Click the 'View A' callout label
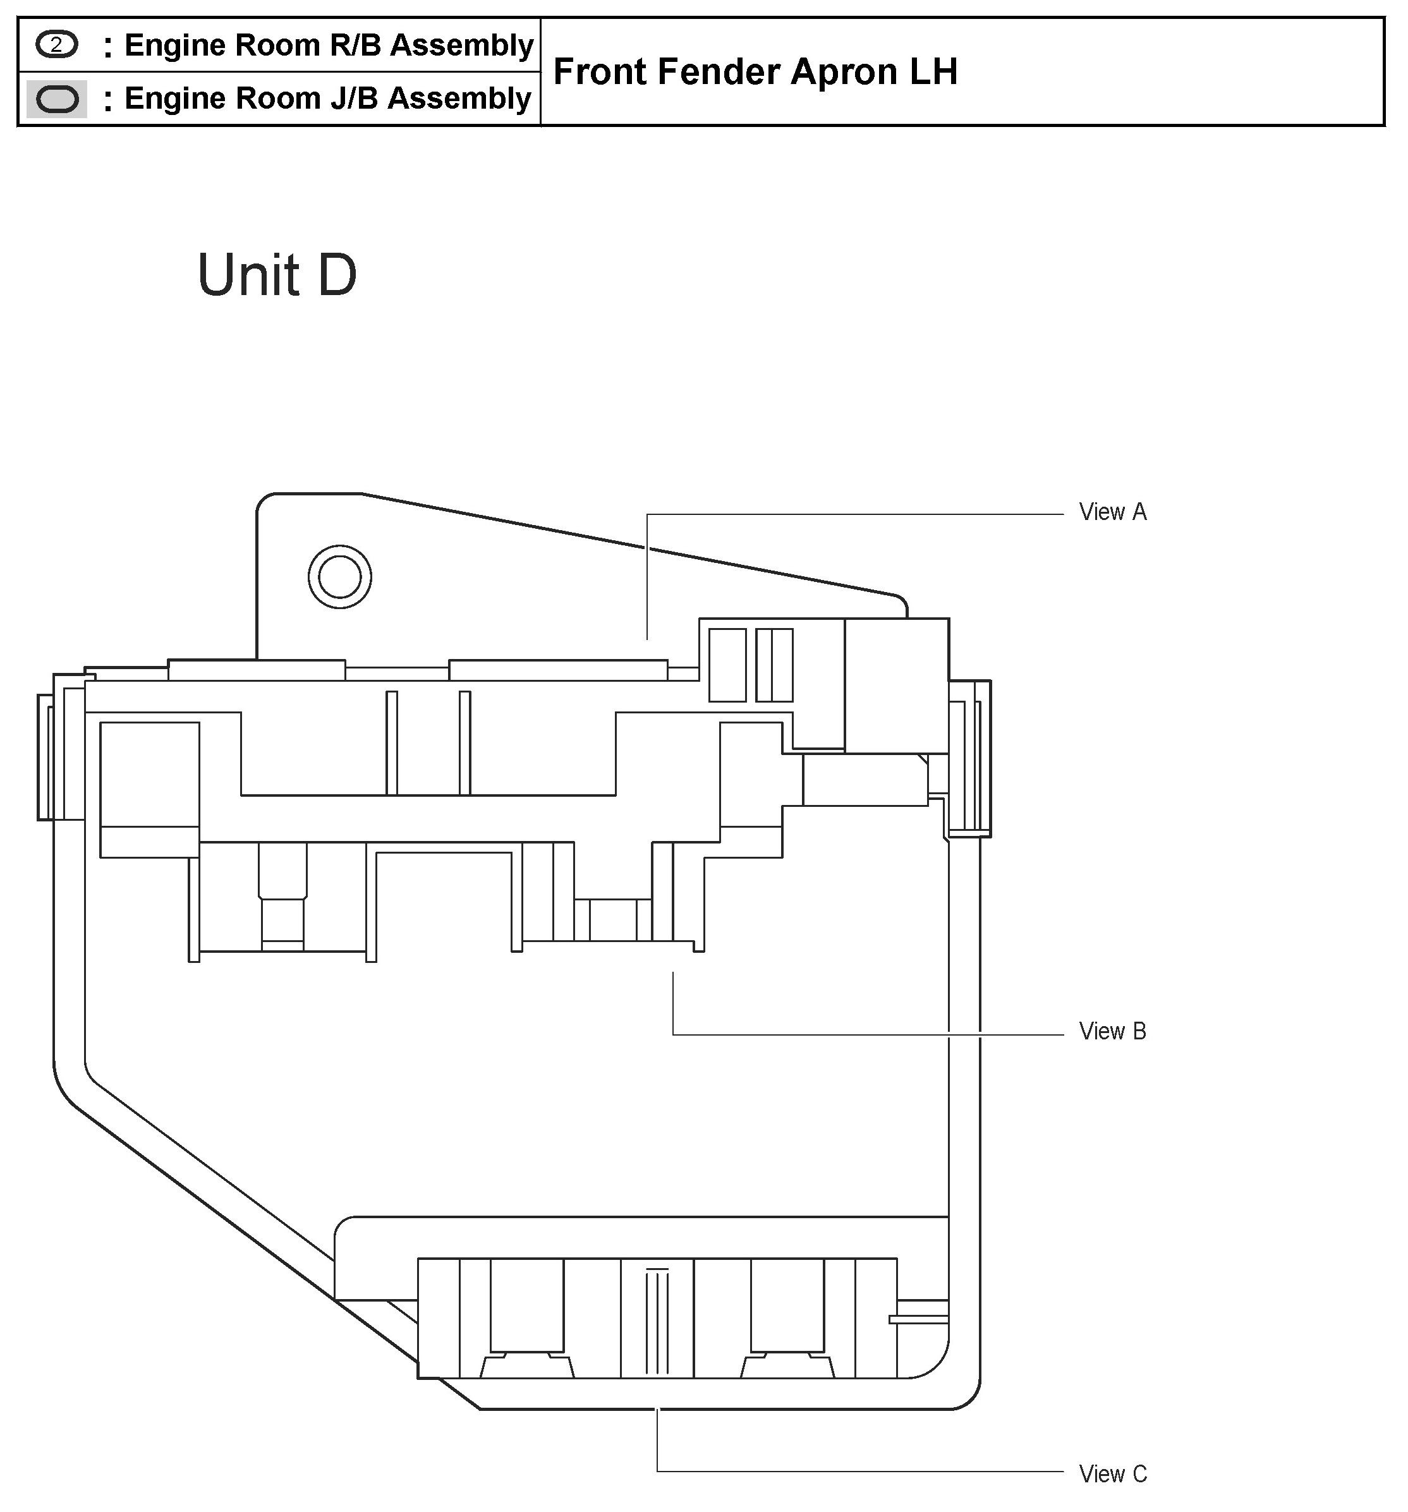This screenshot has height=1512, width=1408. click(x=1112, y=512)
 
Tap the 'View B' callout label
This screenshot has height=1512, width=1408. click(x=1112, y=1031)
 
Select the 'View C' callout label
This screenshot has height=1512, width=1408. click(x=1112, y=1474)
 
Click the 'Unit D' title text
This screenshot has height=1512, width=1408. click(x=277, y=275)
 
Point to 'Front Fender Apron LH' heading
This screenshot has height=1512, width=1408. click(x=755, y=71)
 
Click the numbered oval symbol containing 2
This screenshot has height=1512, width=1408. click(x=56, y=45)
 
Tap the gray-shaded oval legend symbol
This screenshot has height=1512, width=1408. click(x=57, y=99)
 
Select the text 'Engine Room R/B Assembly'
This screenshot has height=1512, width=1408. click(x=329, y=45)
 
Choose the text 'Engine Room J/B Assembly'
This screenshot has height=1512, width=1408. click(x=328, y=99)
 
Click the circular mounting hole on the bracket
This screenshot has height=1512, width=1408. click(x=340, y=576)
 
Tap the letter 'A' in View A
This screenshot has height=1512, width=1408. click(x=1139, y=512)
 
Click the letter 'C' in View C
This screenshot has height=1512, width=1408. click(x=1139, y=1474)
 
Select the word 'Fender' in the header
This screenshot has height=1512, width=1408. click(x=719, y=71)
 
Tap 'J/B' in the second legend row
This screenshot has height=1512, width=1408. click(x=354, y=98)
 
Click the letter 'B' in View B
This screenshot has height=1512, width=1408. click(x=1139, y=1031)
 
